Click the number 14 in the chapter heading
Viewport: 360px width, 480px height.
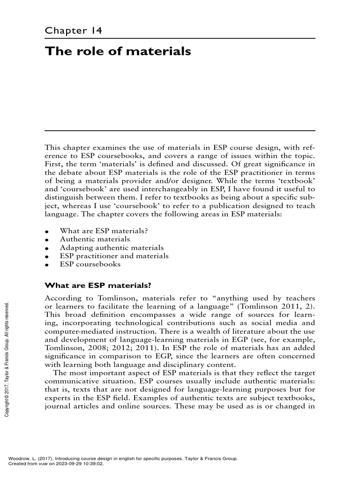[x=97, y=31]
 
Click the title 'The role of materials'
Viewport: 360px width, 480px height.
[x=118, y=51]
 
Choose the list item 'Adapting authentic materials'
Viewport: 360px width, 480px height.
[x=112, y=247]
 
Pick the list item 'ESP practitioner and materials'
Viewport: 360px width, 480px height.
[x=114, y=256]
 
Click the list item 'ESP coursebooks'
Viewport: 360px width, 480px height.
[x=90, y=264]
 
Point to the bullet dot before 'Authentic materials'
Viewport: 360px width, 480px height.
[x=47, y=240]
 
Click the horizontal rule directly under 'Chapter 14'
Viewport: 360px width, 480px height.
[x=180, y=38]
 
